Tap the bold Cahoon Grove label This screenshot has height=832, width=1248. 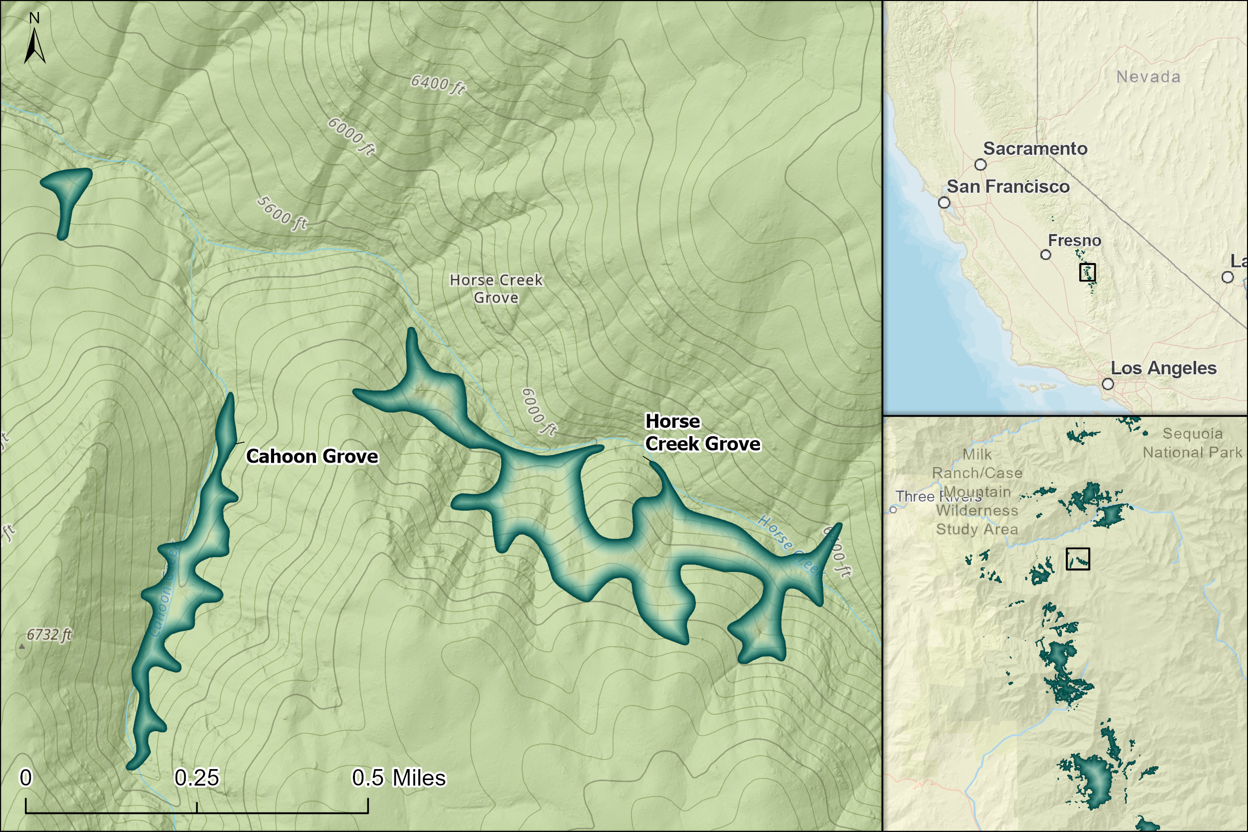[312, 456]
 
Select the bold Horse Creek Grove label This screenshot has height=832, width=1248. [702, 432]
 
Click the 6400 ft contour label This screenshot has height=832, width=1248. [438, 84]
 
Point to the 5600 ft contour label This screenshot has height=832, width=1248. [282, 213]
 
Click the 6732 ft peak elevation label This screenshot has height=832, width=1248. [49, 635]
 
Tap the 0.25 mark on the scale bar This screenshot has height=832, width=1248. [197, 779]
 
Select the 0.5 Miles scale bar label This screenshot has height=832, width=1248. [398, 779]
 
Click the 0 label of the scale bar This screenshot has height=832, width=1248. [25, 779]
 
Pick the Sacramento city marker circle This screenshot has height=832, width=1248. [980, 165]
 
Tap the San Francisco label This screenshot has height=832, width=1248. [1007, 187]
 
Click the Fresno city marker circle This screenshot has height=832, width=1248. [1046, 255]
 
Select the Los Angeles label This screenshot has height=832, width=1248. [1163, 368]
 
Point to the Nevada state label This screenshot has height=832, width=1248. [1148, 77]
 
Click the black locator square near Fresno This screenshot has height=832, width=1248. [1087, 272]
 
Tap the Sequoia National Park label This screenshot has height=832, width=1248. [1192, 443]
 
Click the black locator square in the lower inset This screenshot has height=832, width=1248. [1078, 558]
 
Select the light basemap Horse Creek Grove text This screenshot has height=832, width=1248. [496, 288]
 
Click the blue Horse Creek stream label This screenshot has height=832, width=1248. [791, 544]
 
